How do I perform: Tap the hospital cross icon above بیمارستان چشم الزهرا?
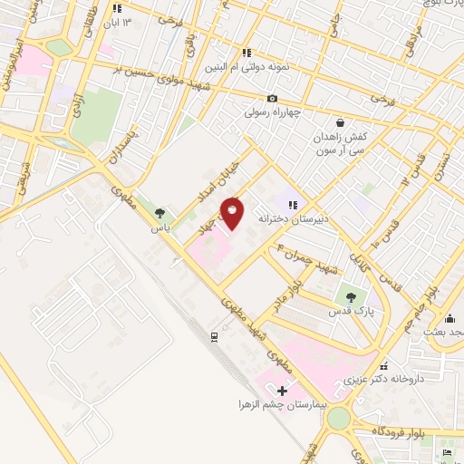(x=282, y=391)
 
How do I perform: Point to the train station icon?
(x=214, y=337)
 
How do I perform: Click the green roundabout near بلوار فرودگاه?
(x=338, y=418)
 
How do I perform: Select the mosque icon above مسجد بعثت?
(x=450, y=319)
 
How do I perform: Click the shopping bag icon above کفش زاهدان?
(x=339, y=122)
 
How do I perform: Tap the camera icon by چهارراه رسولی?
(x=272, y=99)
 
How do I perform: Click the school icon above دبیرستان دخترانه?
(x=293, y=205)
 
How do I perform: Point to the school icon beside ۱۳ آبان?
(x=116, y=8)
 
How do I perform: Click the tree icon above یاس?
(x=160, y=213)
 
